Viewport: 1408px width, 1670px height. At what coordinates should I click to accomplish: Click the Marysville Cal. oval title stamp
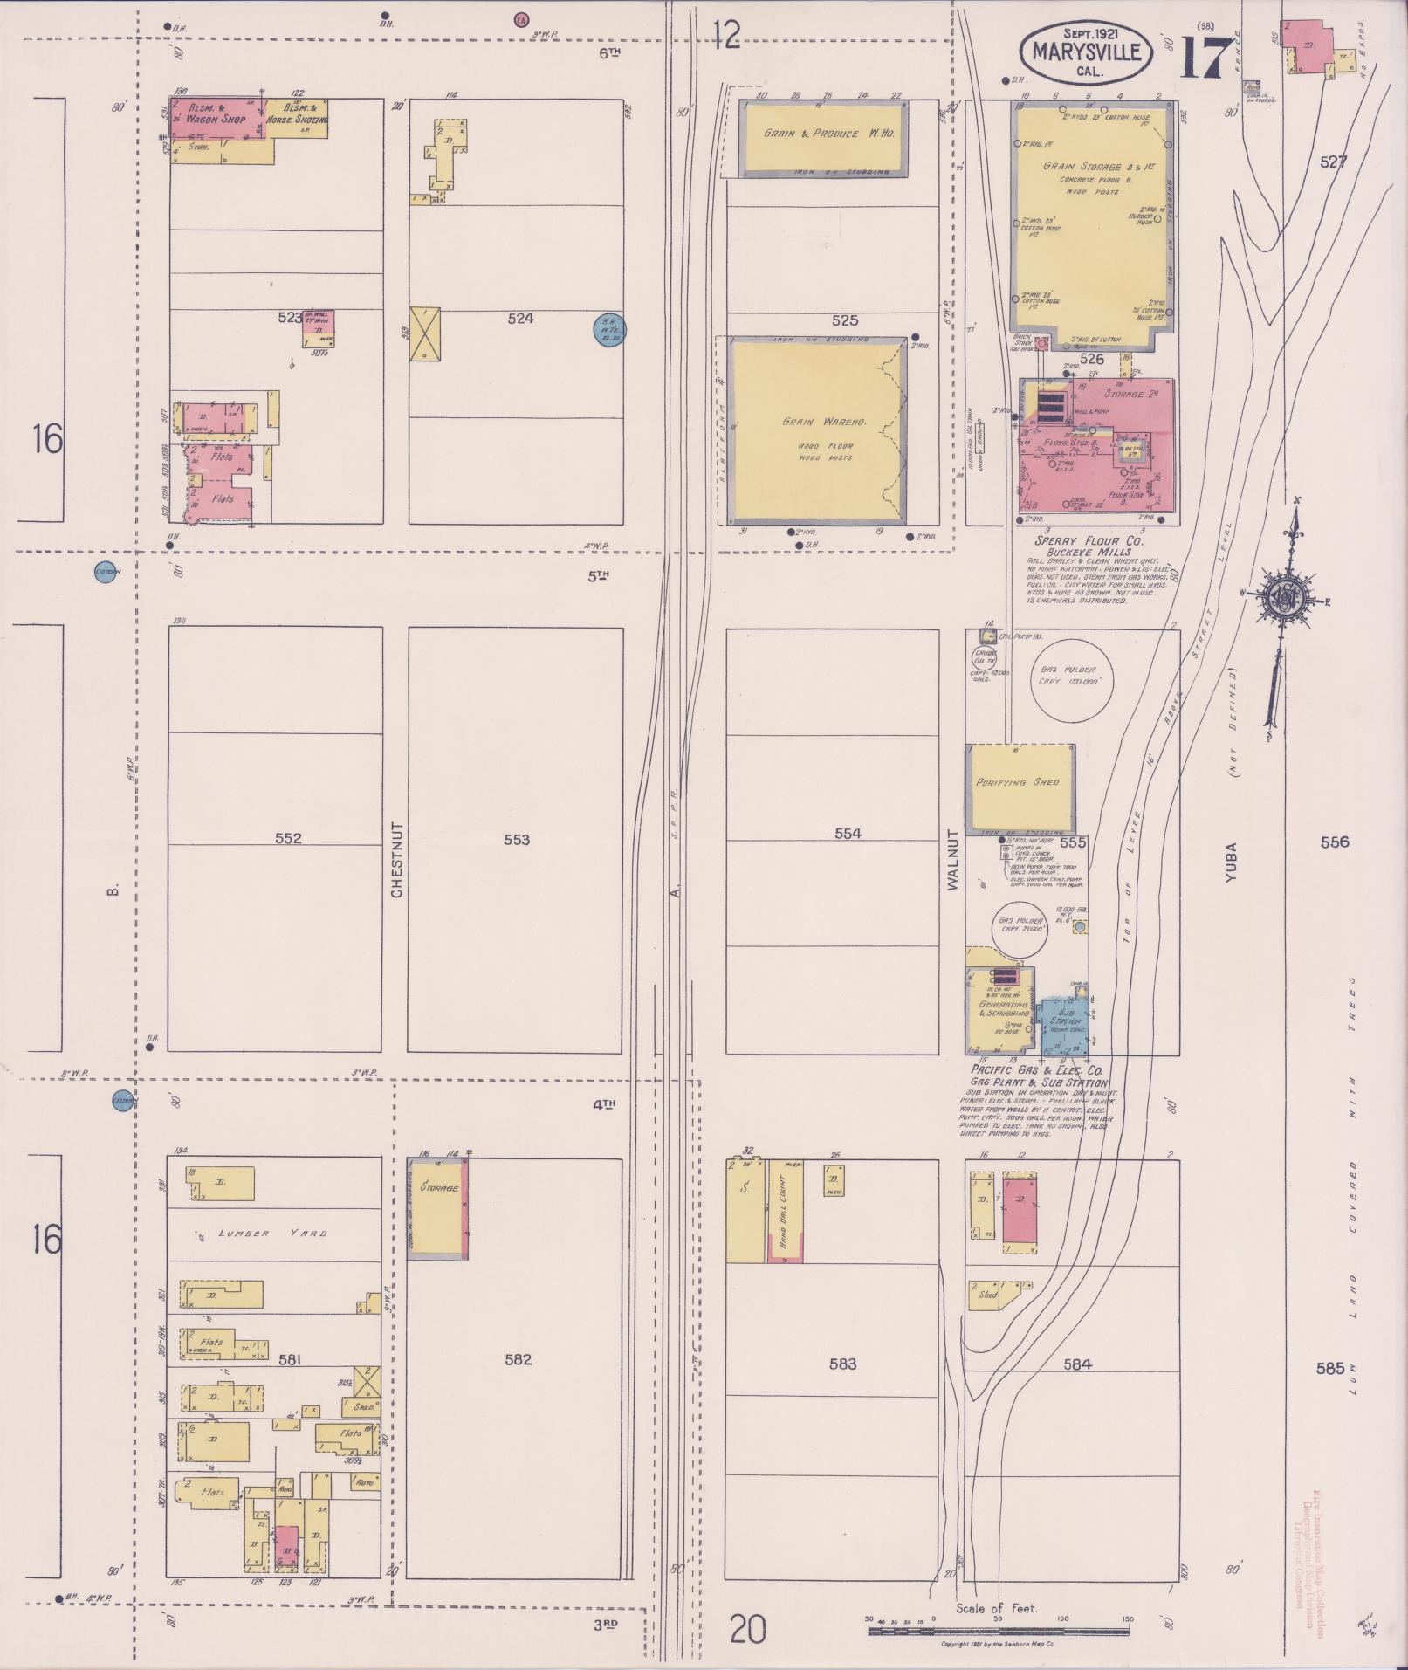[x=1086, y=52]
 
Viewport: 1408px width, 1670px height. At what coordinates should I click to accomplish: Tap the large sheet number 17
[x=1207, y=57]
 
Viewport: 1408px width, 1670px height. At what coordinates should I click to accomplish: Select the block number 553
[x=517, y=840]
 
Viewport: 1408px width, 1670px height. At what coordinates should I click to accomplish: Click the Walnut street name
[x=952, y=860]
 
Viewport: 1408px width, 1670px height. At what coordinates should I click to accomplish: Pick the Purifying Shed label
[x=1017, y=782]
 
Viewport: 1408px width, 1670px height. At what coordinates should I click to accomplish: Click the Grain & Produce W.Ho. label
[x=823, y=134]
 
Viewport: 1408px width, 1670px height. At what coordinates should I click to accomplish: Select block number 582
[x=518, y=1359]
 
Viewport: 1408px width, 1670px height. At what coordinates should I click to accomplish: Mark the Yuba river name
[x=1232, y=862]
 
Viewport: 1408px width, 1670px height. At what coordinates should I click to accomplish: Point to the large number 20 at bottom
[x=747, y=1629]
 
